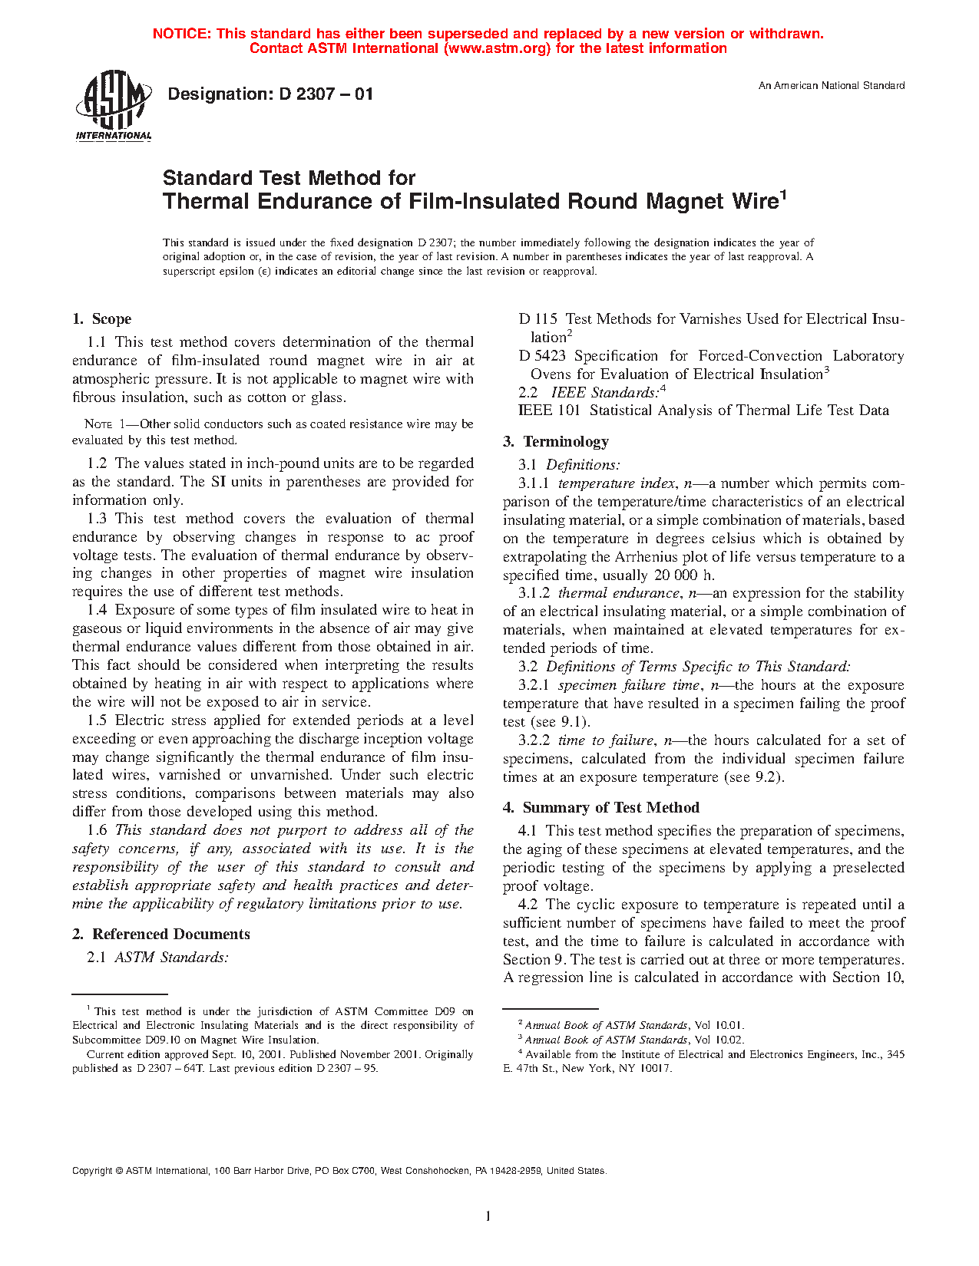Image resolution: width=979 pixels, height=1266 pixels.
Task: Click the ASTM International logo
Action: point(113,105)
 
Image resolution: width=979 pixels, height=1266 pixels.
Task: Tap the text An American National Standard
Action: point(832,86)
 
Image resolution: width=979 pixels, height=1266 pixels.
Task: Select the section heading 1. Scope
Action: point(101,319)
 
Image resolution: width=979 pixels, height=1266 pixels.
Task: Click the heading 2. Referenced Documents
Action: point(161,935)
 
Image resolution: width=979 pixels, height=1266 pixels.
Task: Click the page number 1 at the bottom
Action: point(488,1215)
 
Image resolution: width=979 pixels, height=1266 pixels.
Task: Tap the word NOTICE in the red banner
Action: point(181,34)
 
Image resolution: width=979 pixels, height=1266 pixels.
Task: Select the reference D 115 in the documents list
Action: point(537,319)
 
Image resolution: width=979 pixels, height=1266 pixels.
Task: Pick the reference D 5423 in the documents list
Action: point(543,356)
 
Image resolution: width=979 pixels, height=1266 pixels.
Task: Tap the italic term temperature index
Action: point(617,483)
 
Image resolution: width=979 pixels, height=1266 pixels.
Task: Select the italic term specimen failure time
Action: point(629,685)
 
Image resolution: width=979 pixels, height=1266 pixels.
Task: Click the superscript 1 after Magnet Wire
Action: point(783,196)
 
